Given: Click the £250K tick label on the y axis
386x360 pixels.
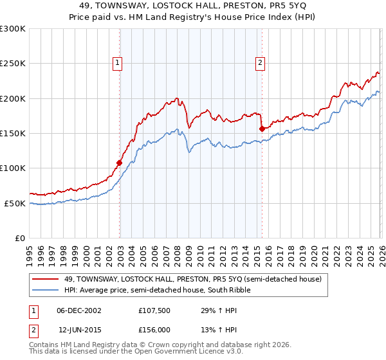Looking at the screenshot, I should tap(13, 64).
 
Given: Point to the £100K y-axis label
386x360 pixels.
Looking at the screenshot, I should tap(13, 168).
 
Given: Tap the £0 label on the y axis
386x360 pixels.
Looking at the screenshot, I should tap(20, 238).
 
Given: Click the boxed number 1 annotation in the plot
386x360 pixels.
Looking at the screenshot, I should tap(119, 62).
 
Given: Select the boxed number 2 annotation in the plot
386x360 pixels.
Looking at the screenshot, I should tap(261, 62).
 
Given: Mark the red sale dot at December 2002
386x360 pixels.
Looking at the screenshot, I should tap(120, 163).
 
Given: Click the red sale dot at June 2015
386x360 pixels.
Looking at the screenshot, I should tap(262, 129).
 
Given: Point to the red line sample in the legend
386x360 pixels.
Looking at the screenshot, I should tap(46, 279).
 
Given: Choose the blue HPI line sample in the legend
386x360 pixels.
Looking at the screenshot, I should tap(46, 290).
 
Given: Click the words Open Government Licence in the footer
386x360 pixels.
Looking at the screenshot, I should tap(161, 352).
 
